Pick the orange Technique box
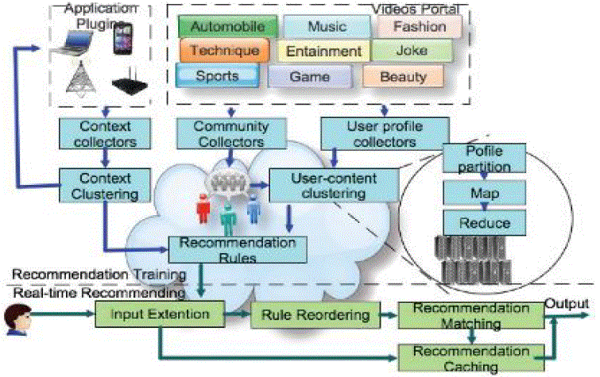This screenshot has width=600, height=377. [x=219, y=51]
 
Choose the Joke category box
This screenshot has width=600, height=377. [x=412, y=51]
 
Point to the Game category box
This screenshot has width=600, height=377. [x=310, y=76]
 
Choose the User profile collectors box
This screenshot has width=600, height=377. [x=370, y=133]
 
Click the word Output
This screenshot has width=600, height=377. [x=567, y=304]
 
